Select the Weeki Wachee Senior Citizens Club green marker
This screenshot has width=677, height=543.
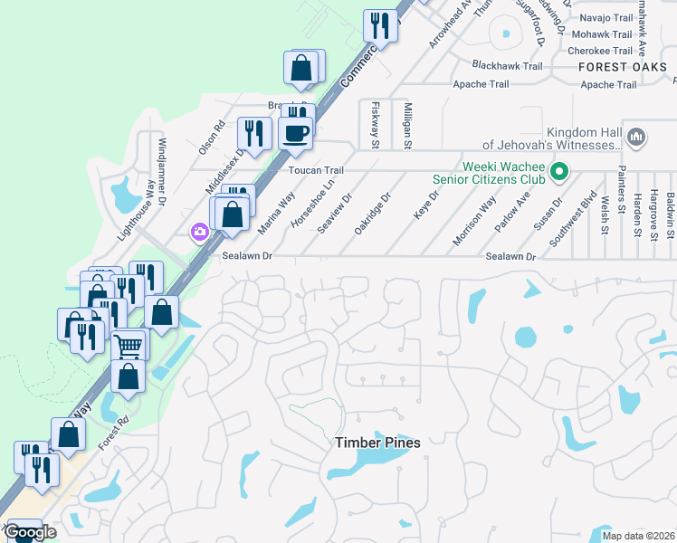559,170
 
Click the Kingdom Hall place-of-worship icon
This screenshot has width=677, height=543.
635,137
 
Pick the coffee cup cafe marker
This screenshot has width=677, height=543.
295,133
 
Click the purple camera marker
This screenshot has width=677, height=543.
199,233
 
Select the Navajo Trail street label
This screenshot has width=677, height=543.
605,17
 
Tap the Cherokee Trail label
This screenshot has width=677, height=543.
605,51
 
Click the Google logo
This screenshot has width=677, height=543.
30,532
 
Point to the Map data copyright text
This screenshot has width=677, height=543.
638,536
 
